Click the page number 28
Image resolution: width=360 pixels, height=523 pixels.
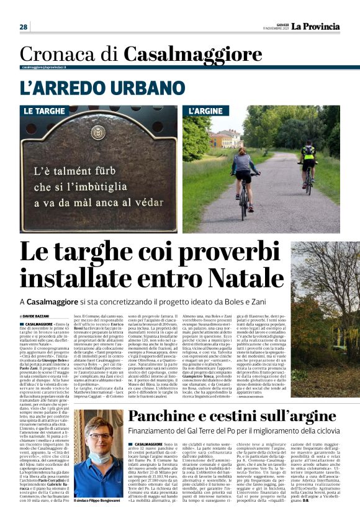click(23, 27)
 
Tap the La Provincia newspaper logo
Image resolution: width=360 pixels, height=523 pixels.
click(316, 26)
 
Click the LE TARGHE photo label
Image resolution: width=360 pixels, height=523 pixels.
click(44, 111)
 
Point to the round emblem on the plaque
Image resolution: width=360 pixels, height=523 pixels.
click(97, 132)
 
